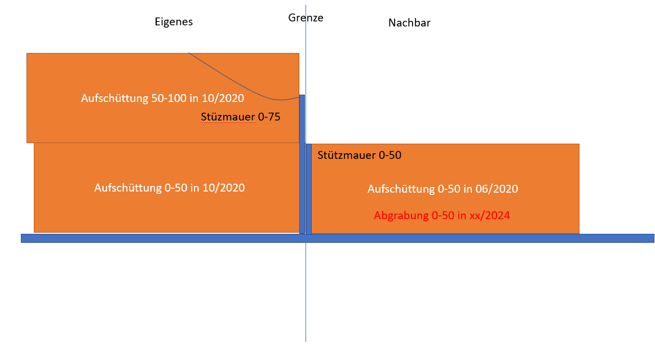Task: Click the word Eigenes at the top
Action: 174,22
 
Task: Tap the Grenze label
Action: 306,17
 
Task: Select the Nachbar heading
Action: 409,23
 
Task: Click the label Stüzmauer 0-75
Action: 241,117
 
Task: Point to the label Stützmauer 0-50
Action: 359,155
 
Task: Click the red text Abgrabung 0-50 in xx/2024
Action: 442,216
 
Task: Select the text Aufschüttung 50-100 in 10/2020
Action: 162,98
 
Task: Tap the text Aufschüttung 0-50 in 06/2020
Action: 443,189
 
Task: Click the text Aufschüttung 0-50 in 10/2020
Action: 170,188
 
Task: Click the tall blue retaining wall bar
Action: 302,164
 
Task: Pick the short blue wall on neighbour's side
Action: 309,189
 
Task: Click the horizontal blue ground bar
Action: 338,238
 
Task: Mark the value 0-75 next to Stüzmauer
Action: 269,117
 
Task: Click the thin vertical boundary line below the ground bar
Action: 306,292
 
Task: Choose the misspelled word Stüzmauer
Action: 228,117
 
